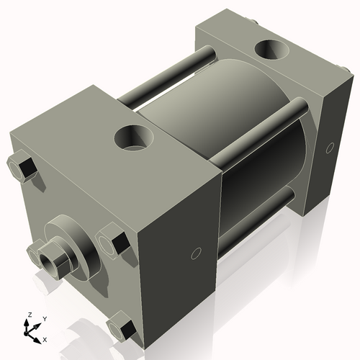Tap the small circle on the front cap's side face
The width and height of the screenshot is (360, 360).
(x=194, y=253)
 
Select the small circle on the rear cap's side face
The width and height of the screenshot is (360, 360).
(x=330, y=148)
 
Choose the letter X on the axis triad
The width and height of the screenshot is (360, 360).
(x=45, y=338)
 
